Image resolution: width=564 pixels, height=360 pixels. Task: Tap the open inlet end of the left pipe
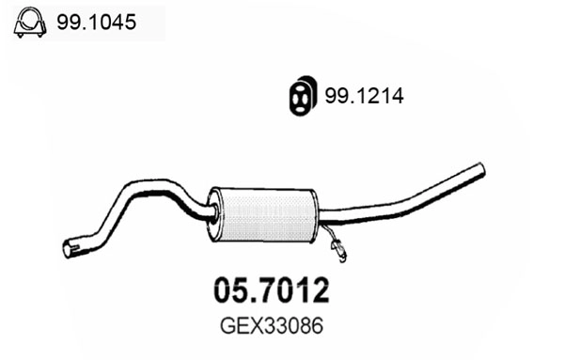(68, 249)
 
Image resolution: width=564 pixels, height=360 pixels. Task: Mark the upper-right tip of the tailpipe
(480, 170)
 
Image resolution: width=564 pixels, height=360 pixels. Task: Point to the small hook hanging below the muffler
(337, 248)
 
